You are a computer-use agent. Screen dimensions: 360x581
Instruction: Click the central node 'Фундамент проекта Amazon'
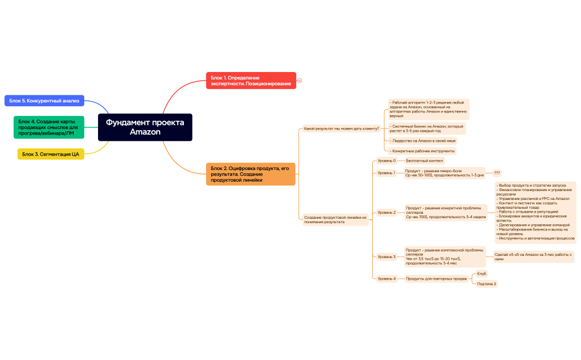pyautogui.click(x=145, y=127)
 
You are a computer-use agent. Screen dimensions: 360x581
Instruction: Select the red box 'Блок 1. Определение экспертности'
pyautogui.click(x=251, y=80)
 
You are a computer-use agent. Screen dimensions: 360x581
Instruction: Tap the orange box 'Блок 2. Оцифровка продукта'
pyautogui.click(x=251, y=174)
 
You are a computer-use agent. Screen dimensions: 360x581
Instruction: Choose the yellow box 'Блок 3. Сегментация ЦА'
pyautogui.click(x=51, y=154)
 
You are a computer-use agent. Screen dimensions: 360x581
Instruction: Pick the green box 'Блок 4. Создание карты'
pyautogui.click(x=49, y=127)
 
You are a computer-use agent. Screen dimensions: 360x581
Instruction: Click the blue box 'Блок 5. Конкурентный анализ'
pyautogui.click(x=44, y=101)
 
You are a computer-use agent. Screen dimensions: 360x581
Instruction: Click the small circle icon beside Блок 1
pyautogui.click(x=300, y=80)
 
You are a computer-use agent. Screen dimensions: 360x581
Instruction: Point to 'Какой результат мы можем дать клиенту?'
pyautogui.click(x=342, y=128)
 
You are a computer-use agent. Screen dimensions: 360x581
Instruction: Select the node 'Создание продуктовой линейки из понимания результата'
pyautogui.click(x=335, y=219)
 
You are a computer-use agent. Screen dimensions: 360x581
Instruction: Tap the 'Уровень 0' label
pyautogui.click(x=387, y=161)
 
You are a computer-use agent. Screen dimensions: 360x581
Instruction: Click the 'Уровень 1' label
pyautogui.click(x=387, y=173)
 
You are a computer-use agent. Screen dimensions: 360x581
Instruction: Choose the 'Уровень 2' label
pyautogui.click(x=387, y=212)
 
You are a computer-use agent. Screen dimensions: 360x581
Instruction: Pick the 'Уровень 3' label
pyautogui.click(x=387, y=256)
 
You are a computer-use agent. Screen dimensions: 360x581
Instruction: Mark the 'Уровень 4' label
pyautogui.click(x=387, y=279)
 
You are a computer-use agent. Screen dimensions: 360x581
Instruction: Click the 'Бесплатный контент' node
pyautogui.click(x=425, y=161)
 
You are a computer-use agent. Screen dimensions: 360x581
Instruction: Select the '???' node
pyautogui.click(x=497, y=173)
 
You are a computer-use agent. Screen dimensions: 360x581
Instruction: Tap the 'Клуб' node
pyautogui.click(x=481, y=274)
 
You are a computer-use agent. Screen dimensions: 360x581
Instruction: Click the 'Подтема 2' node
pyautogui.click(x=487, y=284)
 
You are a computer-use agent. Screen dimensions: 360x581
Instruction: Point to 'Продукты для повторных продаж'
pyautogui.click(x=436, y=279)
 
